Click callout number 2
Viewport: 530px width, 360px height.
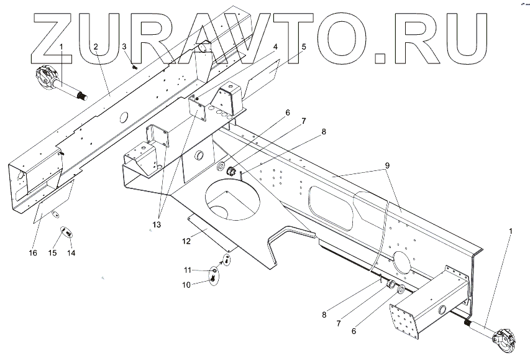96,47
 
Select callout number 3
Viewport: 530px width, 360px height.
124,47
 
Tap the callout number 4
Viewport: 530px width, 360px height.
275,47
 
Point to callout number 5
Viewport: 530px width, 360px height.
304,47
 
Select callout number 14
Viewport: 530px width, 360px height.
71,253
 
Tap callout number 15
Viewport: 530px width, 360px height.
53,253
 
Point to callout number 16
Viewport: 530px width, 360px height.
33,253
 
